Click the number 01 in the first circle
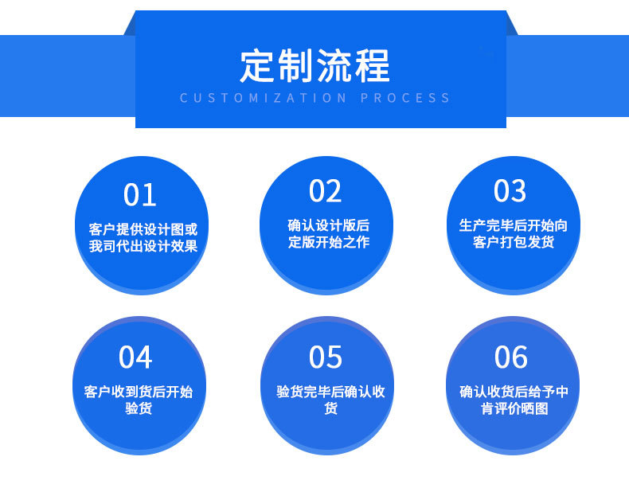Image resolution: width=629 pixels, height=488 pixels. click(140, 195)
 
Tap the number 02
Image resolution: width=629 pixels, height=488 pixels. click(326, 192)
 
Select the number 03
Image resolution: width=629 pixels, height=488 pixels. click(510, 192)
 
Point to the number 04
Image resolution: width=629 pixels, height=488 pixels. click(135, 358)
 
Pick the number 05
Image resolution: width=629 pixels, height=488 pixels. click(326, 358)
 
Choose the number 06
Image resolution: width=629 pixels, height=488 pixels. click(511, 358)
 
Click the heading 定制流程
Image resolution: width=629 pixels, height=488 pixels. click(315, 67)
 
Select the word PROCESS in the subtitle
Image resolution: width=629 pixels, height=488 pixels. click(405, 99)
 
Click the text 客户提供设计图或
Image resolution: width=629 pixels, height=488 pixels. click(143, 229)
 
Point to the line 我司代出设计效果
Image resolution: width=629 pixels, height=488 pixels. click(143, 246)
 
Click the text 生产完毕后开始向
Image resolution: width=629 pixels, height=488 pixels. click(514, 225)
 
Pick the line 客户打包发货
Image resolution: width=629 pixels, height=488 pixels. click(514, 242)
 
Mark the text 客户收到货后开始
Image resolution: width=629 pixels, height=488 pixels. click(139, 392)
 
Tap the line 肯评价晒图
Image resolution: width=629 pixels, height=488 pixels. click(514, 409)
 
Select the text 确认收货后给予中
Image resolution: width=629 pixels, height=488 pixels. click(514, 392)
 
